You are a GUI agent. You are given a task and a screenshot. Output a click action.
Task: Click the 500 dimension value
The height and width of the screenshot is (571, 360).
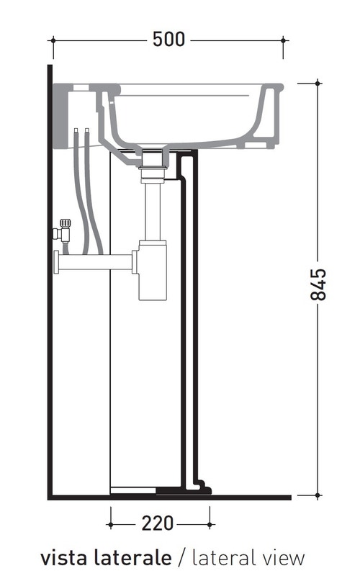pos(168,40)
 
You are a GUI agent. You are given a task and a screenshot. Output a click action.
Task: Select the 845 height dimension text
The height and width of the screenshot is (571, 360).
pos(318,284)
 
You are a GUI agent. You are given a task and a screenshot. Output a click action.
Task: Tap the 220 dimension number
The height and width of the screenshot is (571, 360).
pos(157,523)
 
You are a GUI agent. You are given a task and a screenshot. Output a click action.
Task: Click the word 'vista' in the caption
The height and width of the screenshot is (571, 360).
pos(63,557)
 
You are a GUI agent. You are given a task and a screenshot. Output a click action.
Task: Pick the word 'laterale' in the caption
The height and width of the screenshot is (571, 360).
pos(132,557)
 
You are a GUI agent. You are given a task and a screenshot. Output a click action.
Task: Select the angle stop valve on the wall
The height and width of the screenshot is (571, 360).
pos(62,231)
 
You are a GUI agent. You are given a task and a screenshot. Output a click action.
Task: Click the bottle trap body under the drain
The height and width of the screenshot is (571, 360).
pos(153,270)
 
